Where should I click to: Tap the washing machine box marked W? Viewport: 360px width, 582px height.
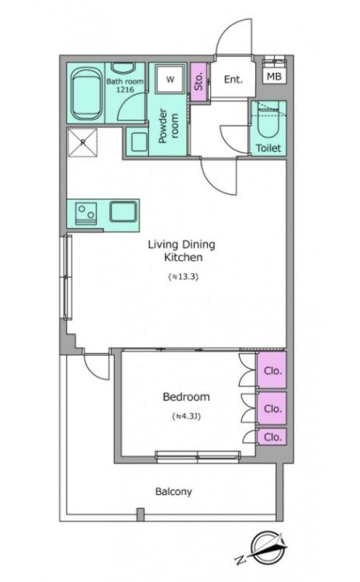(171, 78)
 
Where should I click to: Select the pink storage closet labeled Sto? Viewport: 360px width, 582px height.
(198, 81)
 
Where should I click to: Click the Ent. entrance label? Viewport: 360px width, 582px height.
(233, 79)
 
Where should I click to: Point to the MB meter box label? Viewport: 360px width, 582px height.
(275, 77)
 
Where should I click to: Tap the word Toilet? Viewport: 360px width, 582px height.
(268, 147)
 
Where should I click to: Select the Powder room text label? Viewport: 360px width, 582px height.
(168, 126)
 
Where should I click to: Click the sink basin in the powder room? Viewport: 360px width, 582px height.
(139, 142)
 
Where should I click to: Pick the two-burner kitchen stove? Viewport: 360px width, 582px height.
(86, 213)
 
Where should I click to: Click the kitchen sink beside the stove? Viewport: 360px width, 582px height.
(123, 212)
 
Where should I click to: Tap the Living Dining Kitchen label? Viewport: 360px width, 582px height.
(182, 251)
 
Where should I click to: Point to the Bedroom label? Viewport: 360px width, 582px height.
(186, 397)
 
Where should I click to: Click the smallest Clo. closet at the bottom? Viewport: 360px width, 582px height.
(272, 436)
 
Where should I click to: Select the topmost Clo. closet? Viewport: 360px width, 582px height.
(272, 370)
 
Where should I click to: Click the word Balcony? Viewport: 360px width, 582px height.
(174, 492)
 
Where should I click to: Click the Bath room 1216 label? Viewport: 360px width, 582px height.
(125, 85)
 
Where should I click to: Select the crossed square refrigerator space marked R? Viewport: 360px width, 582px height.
(83, 142)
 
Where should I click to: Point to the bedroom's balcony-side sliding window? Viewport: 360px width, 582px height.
(198, 457)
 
